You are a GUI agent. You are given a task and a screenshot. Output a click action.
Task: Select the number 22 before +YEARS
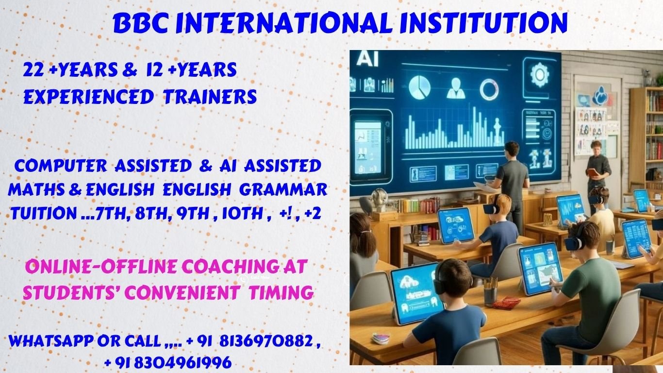(33, 70)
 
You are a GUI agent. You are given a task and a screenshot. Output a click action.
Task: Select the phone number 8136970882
(265, 341)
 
